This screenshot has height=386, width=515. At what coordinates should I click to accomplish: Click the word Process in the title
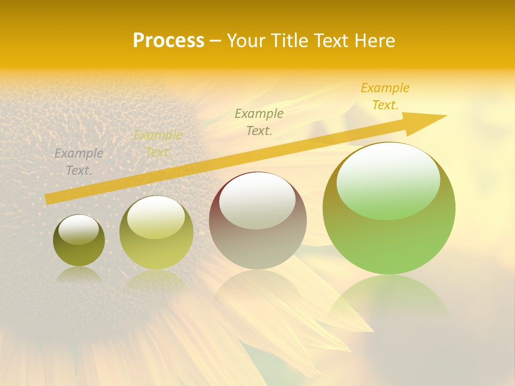click(168, 41)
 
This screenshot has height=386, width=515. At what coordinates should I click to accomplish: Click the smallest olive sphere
click(79, 241)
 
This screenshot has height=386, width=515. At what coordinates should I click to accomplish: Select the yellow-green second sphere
click(156, 233)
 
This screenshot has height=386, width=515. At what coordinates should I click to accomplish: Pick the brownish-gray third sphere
click(257, 221)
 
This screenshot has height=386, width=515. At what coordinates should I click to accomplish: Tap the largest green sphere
click(389, 209)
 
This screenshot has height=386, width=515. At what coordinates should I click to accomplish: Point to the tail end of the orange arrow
click(48, 199)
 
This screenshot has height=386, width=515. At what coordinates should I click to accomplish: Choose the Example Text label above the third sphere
click(259, 122)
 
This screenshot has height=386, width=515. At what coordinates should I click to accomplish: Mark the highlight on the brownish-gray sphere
click(257, 201)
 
